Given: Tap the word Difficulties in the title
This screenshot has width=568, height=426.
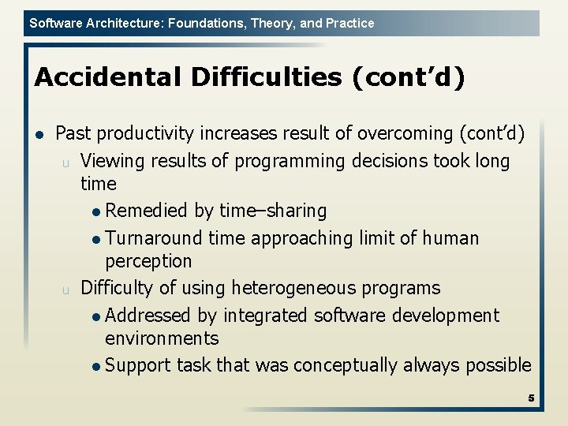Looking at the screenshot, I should coord(242,77).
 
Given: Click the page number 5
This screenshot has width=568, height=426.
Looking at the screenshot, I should coord(531,398).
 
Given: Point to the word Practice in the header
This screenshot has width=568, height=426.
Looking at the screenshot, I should coord(349,23).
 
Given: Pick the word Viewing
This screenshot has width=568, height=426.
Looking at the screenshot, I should coord(112,161).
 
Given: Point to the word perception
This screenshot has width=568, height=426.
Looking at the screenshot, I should coord(148,260).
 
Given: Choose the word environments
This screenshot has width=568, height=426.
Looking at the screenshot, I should coord(162,338).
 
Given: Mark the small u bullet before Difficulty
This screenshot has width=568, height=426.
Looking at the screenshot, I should coord(67,289).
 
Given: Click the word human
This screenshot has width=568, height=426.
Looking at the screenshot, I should coord(452,238).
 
